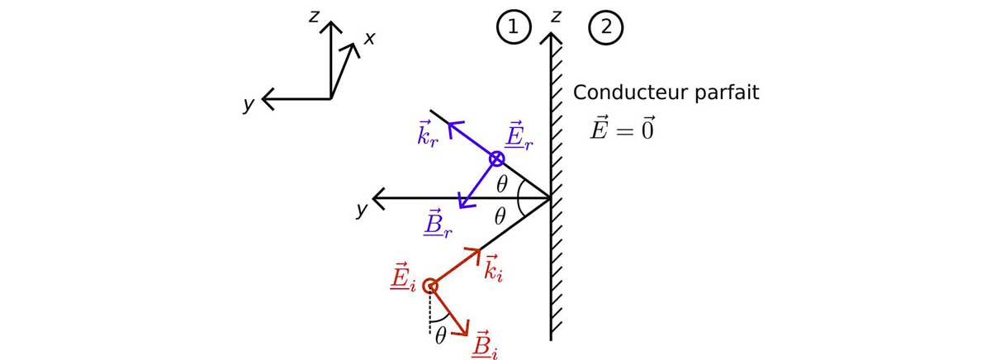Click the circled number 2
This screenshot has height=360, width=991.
[x=605, y=27]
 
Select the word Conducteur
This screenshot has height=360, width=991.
[x=629, y=92]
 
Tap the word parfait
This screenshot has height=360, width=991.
[x=726, y=92]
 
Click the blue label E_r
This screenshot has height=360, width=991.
[x=519, y=138]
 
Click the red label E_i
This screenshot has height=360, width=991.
[x=403, y=278]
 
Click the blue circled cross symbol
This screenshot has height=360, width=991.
[x=495, y=159]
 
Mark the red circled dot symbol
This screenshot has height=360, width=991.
[x=429, y=287]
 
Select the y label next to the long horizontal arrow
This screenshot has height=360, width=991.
[x=361, y=209]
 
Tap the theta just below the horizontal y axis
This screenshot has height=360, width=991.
[x=499, y=217]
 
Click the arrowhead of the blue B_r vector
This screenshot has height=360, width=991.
[x=462, y=203]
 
